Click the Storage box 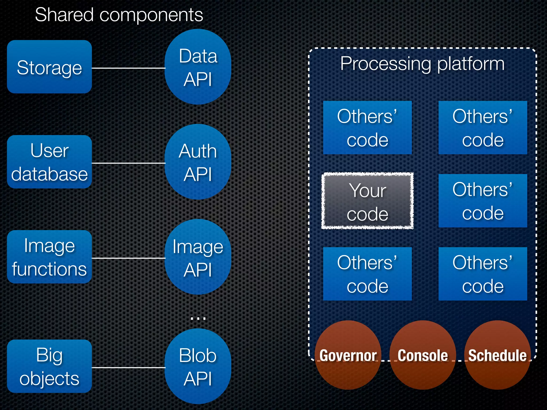(49, 67)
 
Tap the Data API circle (198, 67)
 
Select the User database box (49, 162)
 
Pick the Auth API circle (198, 162)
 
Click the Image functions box (49, 257)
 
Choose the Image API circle (198, 257)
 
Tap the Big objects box (49, 366)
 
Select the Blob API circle (198, 366)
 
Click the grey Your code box (367, 201)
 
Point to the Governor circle (348, 355)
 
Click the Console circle (423, 355)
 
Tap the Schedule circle (497, 355)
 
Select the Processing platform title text (422, 64)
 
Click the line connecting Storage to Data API (128, 68)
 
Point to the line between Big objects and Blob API (128, 368)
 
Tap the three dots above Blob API (198, 318)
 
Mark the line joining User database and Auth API (128, 163)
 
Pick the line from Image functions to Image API (128, 258)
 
